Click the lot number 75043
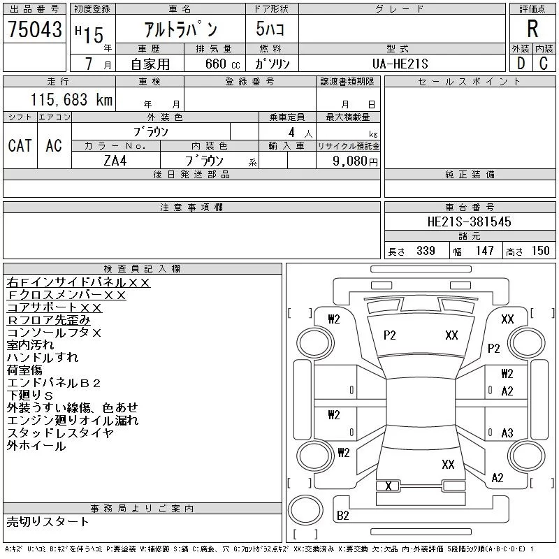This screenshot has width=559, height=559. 35,29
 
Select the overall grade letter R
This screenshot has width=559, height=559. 532,29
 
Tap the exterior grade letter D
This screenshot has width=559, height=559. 521,63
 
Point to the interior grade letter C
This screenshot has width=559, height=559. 544,63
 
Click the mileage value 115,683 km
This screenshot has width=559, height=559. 71,100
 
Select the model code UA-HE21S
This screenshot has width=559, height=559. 400,64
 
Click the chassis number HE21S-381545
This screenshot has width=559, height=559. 469,222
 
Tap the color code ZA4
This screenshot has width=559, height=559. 115,161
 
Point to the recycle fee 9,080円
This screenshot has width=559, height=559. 356,161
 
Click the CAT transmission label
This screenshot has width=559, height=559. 20,145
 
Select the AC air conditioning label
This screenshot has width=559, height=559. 54,145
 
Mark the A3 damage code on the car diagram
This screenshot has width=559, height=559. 507,433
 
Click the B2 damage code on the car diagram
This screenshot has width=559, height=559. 343,516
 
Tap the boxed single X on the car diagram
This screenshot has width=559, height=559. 389,486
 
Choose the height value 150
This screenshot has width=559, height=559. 540,251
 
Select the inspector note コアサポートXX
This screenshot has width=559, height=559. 55,307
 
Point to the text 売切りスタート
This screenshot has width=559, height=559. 48,522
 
